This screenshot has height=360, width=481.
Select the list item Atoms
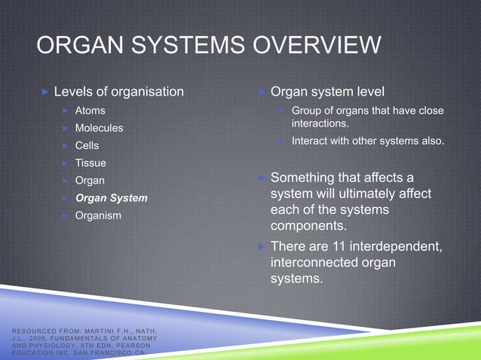(90, 111)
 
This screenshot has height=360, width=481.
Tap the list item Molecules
(99, 128)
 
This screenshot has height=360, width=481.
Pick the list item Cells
(87, 145)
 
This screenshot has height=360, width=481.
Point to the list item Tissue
(90, 163)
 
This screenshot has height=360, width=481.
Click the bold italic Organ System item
(111, 197)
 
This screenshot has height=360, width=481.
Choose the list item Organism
(98, 215)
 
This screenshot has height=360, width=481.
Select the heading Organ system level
(327, 92)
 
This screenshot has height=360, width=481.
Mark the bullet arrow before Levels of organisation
(45, 92)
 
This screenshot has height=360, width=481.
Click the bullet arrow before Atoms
(66, 111)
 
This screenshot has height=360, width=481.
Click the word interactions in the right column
(320, 124)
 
